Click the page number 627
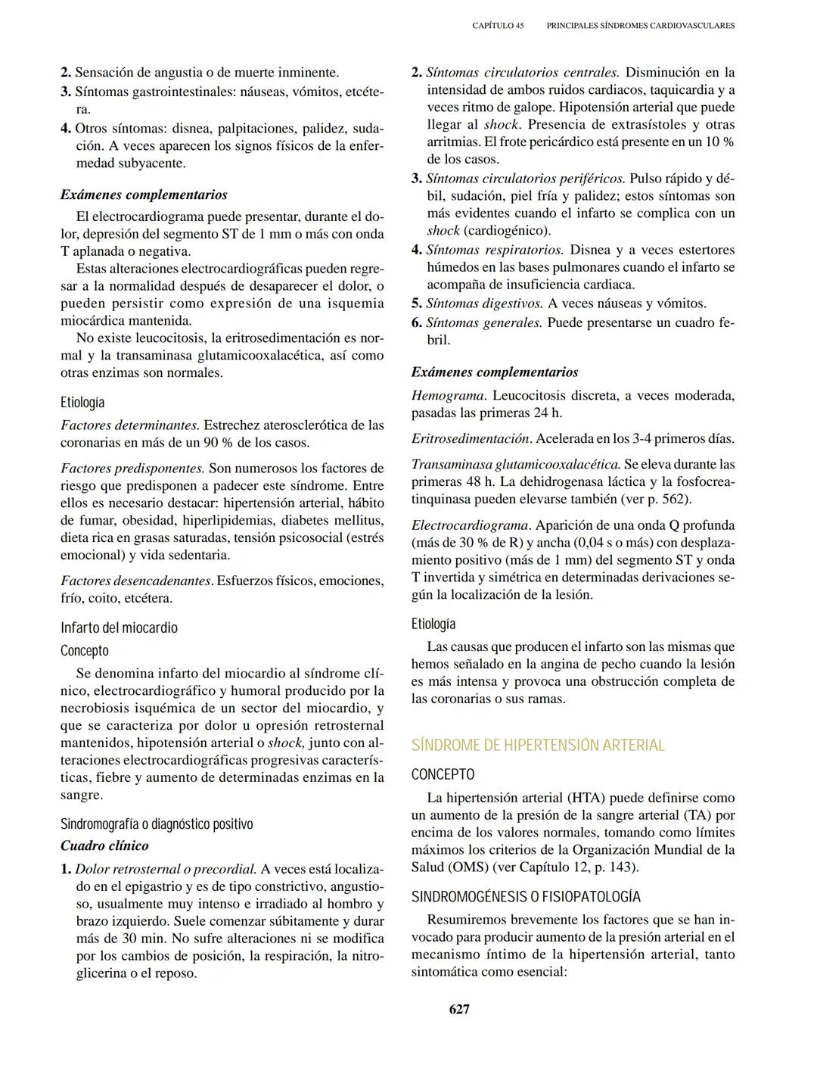459,1009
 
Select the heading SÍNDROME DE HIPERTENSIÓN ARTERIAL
538,745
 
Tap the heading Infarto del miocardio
119,628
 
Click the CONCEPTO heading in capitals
443,774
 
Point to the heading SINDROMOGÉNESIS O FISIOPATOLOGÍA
526,897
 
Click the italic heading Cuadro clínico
104,846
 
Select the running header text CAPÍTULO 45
497,26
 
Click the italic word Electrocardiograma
470,525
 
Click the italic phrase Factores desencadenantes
135,581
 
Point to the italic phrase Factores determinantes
129,425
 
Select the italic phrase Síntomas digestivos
484,304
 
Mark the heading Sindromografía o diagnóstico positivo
157,824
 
